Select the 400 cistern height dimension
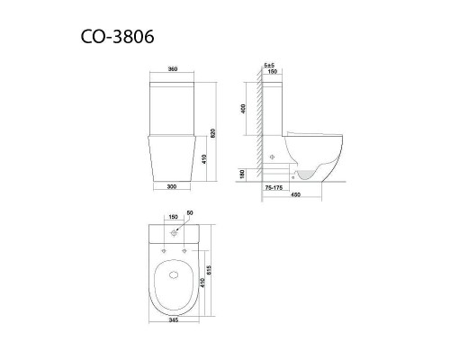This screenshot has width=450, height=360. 244,109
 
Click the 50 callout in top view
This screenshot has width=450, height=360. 189,212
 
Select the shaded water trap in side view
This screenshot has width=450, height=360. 309,172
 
